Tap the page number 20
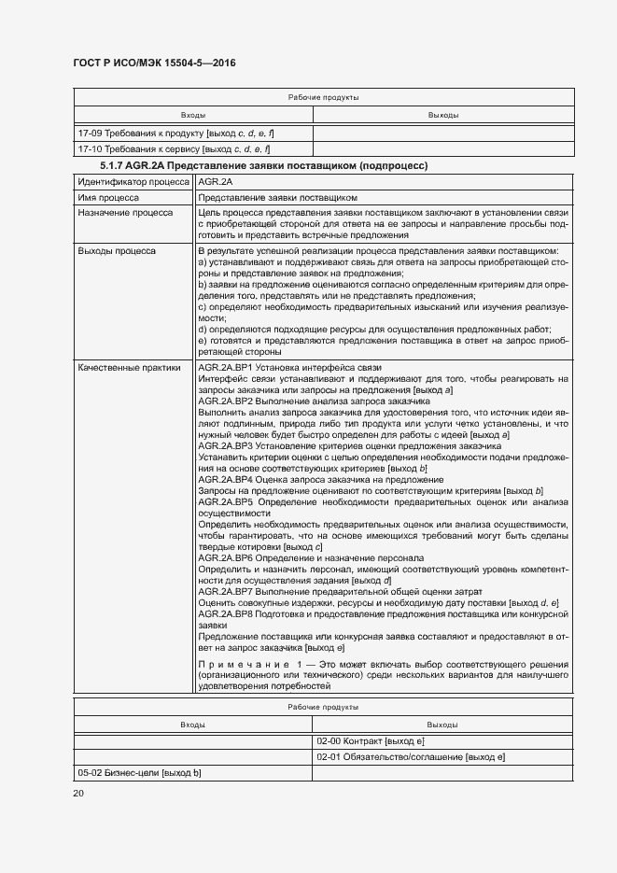pos(78,794)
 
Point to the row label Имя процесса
pos(108,198)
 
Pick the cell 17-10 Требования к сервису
pos(175,148)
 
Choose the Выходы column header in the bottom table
pos(442,725)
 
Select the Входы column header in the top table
pos(193,115)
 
